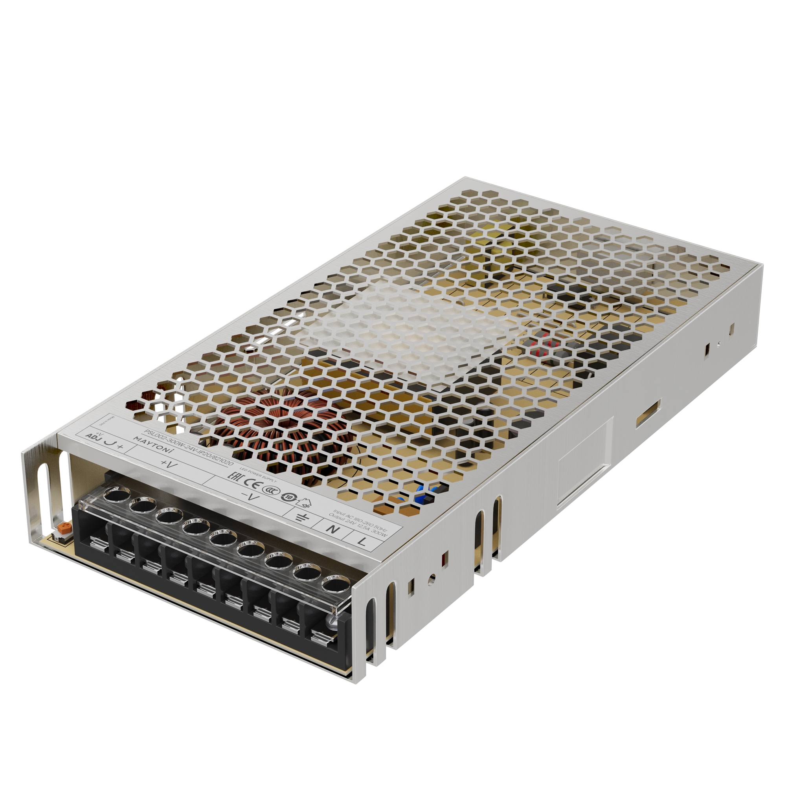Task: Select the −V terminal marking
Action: point(250,497)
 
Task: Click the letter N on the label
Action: point(333,529)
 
